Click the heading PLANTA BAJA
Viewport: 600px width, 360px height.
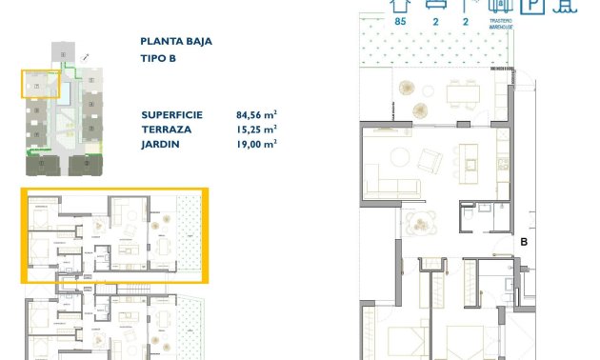176,41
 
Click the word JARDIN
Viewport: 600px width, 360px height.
159,144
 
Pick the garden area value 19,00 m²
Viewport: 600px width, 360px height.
256,144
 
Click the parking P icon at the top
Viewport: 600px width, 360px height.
535,6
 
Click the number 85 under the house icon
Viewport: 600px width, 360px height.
400,21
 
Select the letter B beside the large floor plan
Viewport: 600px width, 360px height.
524,243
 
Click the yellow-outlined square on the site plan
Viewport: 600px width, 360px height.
40,84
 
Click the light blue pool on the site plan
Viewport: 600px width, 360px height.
64,124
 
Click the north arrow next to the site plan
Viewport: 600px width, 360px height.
87,58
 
